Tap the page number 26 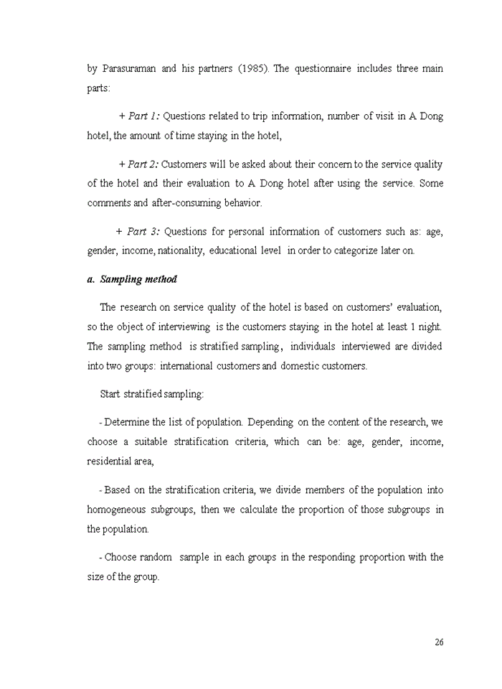click(x=439, y=642)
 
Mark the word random click(x=156, y=557)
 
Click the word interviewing click(x=175, y=327)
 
